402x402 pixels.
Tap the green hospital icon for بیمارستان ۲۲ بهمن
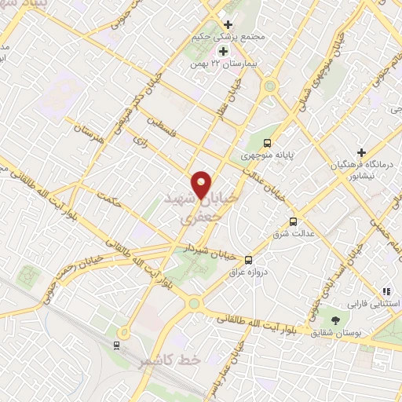click(223, 51)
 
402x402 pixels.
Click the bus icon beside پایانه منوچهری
click(268, 143)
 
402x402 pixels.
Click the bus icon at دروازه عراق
click(249, 260)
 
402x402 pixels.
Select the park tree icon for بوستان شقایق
click(336, 320)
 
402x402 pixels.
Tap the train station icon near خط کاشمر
click(117, 344)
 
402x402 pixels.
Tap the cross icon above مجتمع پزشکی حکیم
click(228, 24)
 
